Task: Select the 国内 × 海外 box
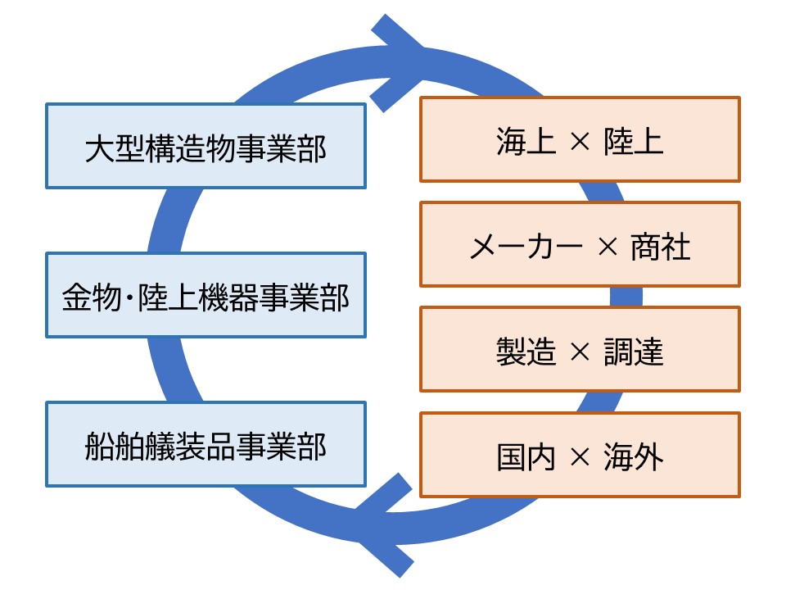580,455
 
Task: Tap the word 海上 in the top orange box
526,141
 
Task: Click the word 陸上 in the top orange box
633,141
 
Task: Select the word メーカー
526,246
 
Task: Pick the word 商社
661,246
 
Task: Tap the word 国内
526,456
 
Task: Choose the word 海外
633,456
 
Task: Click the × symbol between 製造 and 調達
579,352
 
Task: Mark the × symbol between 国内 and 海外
579,456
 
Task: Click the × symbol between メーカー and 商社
607,247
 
